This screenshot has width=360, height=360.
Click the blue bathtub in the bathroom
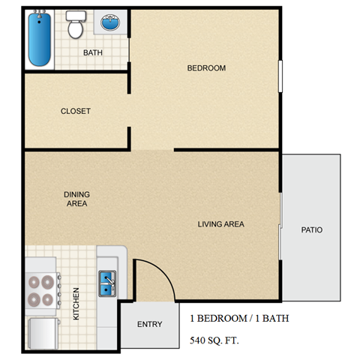[39, 38]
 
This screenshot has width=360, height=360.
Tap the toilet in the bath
[74, 27]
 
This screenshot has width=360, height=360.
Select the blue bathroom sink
[111, 24]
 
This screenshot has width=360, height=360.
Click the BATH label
[93, 52]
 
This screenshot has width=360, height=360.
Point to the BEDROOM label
[206, 68]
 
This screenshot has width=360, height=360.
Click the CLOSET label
[76, 111]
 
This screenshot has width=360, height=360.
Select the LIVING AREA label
[220, 223]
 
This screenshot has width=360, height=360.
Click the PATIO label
[312, 229]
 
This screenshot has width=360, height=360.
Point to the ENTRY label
[148, 325]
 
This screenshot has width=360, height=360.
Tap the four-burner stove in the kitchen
[42, 290]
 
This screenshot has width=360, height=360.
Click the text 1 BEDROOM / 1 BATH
[238, 318]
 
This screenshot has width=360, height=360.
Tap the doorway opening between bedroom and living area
[153, 150]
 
